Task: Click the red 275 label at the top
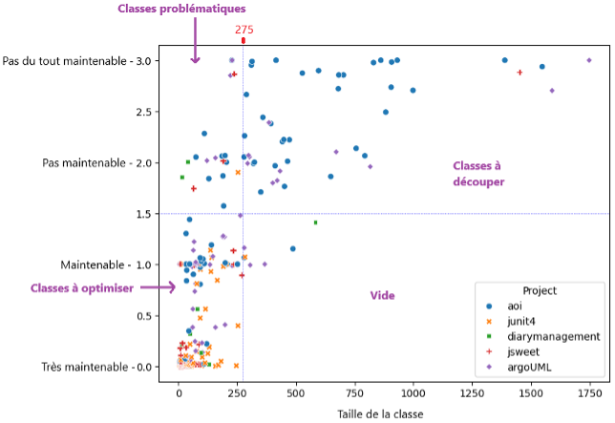pyautogui.click(x=244, y=30)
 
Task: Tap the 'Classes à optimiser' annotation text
pyautogui.click(x=82, y=287)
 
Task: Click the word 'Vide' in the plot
pyautogui.click(x=383, y=296)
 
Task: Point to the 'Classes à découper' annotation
pyautogui.click(x=477, y=173)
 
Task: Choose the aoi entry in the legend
pyautogui.click(x=517, y=306)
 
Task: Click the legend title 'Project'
pyautogui.click(x=540, y=289)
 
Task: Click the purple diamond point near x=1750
pyautogui.click(x=589, y=60)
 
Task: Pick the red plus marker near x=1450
pyautogui.click(x=520, y=73)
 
